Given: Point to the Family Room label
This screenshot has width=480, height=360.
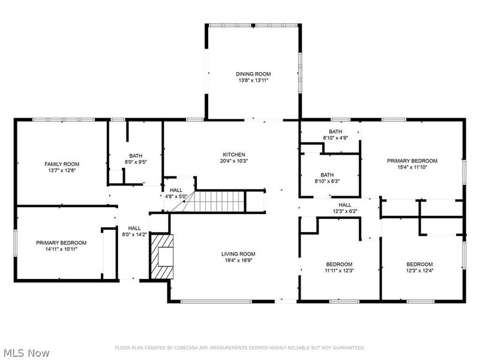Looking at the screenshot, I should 62,164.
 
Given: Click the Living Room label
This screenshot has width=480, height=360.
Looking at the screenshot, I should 239,254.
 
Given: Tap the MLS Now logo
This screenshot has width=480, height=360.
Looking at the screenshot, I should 26,353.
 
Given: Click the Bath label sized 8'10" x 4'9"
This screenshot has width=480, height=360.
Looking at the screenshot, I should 335,131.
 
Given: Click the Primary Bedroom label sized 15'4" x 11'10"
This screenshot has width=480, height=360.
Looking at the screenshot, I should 412,161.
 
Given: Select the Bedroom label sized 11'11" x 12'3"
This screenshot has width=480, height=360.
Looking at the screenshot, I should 339,264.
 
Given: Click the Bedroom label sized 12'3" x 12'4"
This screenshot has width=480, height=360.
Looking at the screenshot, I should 419,264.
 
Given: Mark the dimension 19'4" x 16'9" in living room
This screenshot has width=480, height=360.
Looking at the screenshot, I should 239,260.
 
